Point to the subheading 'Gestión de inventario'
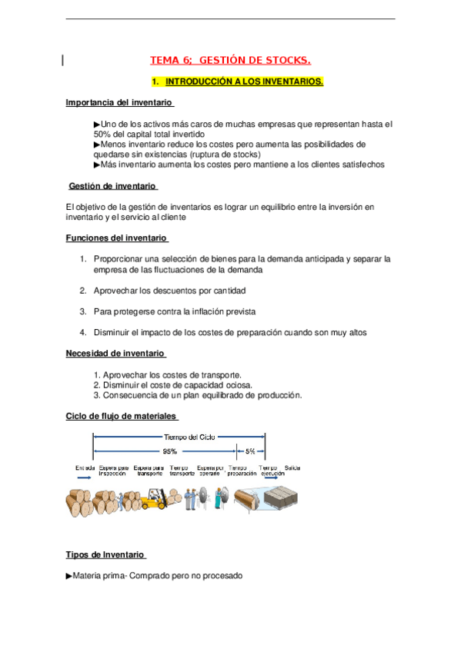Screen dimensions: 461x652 [x=112, y=186]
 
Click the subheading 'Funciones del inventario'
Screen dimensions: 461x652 [x=115, y=238]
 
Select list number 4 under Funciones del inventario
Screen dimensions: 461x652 [x=82, y=332]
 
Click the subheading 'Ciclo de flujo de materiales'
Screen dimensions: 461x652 [x=121, y=416]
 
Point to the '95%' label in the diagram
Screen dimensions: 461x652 [x=169, y=451]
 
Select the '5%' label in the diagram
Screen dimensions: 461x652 [x=251, y=451]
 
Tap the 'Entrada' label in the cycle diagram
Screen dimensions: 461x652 [x=85, y=467]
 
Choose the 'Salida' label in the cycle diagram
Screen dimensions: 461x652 [x=292, y=467]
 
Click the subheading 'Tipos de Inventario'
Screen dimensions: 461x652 [x=105, y=554]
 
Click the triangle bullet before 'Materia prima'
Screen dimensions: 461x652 [x=69, y=574]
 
